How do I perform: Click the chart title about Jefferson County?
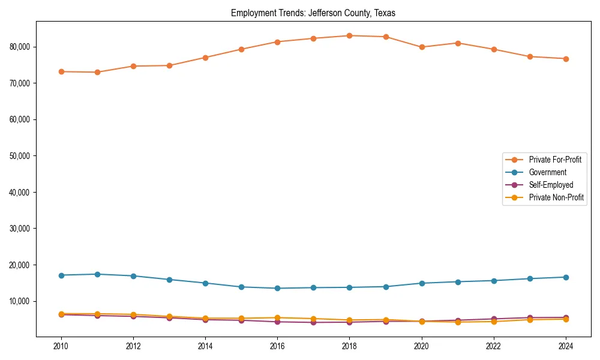coord(313,13)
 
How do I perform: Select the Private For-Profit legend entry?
coord(556,160)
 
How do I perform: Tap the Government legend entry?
coord(547,172)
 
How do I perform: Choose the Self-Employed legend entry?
coord(551,185)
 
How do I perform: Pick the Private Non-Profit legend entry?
coord(556,197)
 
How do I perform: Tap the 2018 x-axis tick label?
coord(350,346)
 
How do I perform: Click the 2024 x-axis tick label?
coord(566,346)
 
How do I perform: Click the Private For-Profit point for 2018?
coord(350,35)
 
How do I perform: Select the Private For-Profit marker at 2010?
coord(61,71)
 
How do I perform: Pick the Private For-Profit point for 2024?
coord(566,59)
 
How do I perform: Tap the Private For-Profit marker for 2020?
coord(422,47)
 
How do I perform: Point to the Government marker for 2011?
coord(97,274)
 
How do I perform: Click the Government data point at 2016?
coord(277,288)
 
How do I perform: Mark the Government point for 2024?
coord(566,277)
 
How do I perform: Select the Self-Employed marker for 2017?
coord(313,323)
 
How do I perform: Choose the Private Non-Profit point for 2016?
coord(277,317)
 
